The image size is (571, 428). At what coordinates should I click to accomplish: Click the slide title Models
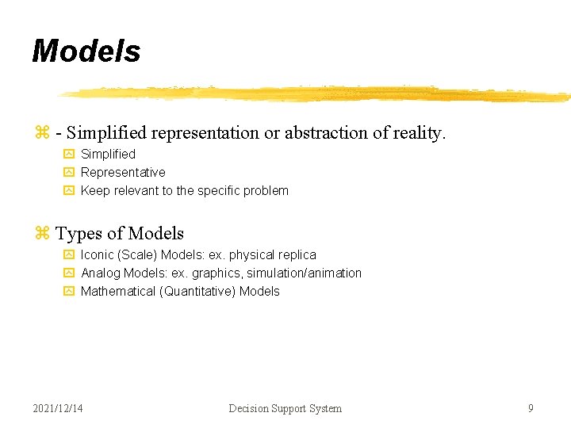coord(86,52)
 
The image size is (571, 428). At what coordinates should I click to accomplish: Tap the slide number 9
coord(531,408)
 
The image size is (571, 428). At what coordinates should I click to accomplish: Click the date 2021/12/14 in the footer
coord(58,408)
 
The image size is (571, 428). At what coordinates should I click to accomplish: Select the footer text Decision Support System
coord(285,408)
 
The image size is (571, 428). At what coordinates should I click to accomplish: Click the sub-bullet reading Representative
coord(123,172)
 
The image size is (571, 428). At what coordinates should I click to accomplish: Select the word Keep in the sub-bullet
coord(95,190)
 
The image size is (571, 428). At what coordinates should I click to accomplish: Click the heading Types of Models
coord(120,233)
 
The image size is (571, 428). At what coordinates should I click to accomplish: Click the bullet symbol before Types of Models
coord(42,233)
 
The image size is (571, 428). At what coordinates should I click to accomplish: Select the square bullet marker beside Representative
coord(68,172)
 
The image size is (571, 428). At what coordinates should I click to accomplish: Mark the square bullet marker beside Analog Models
coord(68,273)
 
